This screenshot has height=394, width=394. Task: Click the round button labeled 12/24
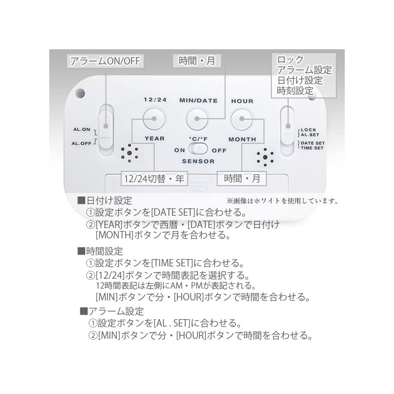pyautogui.click(x=154, y=119)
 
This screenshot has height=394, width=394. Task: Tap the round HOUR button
pyautogui.click(x=242, y=119)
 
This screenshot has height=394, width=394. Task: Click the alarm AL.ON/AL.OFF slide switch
pyautogui.click(x=106, y=130)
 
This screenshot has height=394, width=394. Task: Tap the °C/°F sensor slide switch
pyautogui.click(x=198, y=149)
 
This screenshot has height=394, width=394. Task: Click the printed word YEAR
pyautogui.click(x=155, y=138)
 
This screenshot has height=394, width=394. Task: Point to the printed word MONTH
pyautogui.click(x=242, y=139)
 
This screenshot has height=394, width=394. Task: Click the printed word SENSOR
pyautogui.click(x=198, y=162)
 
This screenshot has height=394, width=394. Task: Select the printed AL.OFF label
pyautogui.click(x=82, y=143)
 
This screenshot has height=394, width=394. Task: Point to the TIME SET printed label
pyautogui.click(x=312, y=148)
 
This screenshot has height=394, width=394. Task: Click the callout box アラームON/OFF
pyautogui.click(x=105, y=61)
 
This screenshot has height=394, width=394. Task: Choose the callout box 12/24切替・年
pyautogui.click(x=155, y=179)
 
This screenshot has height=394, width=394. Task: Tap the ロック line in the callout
pyautogui.click(x=290, y=60)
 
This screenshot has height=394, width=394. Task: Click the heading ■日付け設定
pyautogui.click(x=105, y=200)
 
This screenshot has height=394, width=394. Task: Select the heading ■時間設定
pyautogui.click(x=100, y=251)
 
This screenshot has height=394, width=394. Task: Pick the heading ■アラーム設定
pyautogui.click(x=112, y=311)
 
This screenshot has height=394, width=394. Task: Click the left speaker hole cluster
pyautogui.click(x=130, y=153)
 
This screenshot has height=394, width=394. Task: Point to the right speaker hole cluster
pyautogui.click(x=265, y=157)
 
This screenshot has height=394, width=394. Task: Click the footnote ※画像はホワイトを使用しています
pyautogui.click(x=282, y=201)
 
